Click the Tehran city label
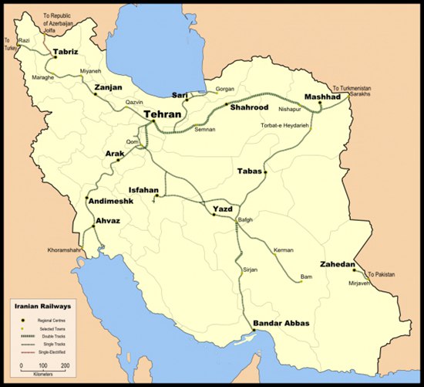[x=163, y=114]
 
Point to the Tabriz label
[x=68, y=54]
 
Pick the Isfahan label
[x=143, y=190]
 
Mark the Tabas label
[x=251, y=171]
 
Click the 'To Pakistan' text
[x=383, y=274]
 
